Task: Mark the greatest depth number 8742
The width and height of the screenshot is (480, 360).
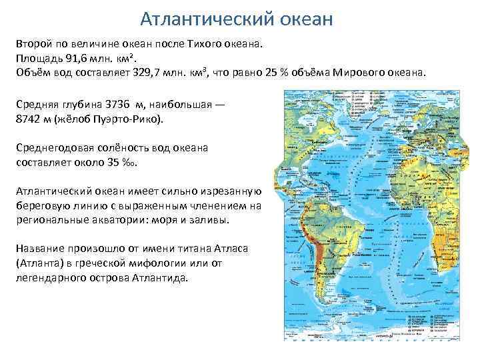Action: [x=28, y=120]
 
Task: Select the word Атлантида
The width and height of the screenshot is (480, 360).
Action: [x=159, y=278]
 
